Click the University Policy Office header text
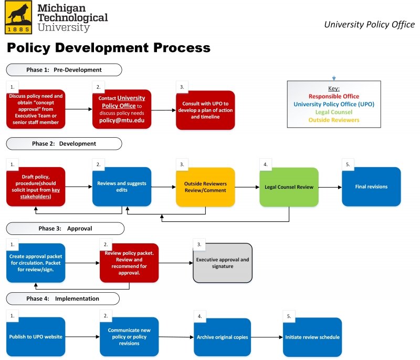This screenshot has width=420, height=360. coord(369,25)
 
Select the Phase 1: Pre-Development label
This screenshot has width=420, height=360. coord(64,70)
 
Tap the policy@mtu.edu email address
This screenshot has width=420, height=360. coord(122,120)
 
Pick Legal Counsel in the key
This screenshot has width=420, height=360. coord(333,112)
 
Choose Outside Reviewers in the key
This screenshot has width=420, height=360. coord(333,120)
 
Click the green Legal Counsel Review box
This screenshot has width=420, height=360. coord(289,187)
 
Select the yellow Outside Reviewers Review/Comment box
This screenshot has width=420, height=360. coord(205,187)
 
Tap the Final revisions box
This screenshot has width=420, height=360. coord(371,187)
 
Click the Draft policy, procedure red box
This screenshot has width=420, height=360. coord(36,187)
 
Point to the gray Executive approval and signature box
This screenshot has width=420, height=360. coord(223,263)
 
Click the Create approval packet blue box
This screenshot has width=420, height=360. coord(36,262)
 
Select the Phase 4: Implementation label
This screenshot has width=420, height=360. coord(62,299)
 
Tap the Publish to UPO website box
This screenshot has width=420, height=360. coord(36,337)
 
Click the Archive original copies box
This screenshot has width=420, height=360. coord(223,337)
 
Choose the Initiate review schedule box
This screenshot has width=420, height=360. coord(312,337)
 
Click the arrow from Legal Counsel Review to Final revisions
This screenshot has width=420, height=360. coord(330,187)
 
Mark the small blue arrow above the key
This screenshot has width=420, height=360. coord(334,78)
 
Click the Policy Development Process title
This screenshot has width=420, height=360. coord(109,48)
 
